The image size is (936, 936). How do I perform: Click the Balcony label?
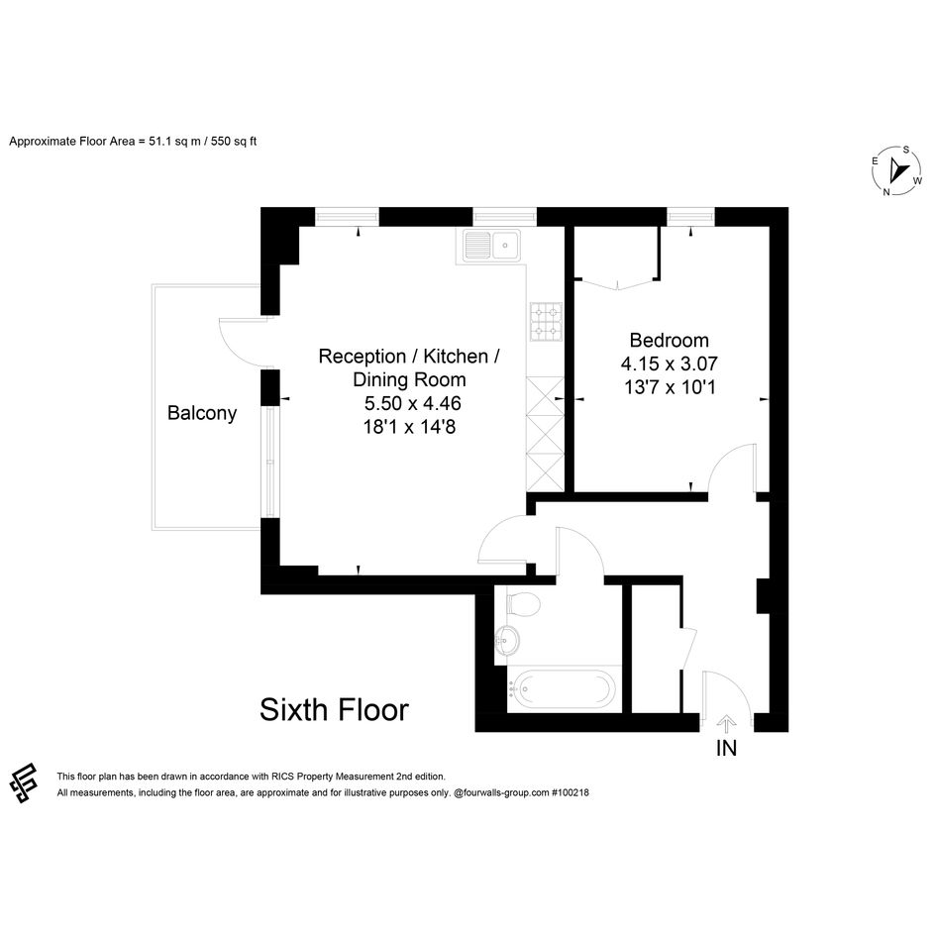(202, 413)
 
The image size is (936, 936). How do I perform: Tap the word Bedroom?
(670, 341)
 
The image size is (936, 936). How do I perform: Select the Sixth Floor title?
(335, 710)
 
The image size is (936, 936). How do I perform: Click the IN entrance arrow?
(726, 724)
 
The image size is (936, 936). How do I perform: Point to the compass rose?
(897, 170)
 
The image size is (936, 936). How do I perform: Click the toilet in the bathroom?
(523, 603)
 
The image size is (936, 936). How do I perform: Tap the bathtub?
(561, 688)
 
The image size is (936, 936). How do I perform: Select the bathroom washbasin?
(507, 641)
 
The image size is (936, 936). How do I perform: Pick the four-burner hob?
(546, 322)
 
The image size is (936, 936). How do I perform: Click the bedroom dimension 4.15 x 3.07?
(670, 364)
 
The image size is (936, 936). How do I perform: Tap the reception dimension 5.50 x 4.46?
(412, 403)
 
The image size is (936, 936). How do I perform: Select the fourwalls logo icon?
(24, 783)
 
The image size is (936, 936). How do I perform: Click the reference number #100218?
(570, 792)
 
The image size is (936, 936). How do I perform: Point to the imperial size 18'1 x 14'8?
(409, 428)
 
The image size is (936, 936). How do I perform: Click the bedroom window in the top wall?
(690, 217)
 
